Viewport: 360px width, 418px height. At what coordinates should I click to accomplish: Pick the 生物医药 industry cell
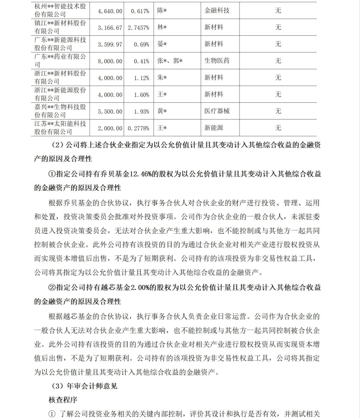pos(217,61)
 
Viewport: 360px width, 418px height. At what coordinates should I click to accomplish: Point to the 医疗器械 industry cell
pos(217,111)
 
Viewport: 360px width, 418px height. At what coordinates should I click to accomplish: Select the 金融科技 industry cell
pos(217,10)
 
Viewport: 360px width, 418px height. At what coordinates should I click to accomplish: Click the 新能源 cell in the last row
pos(214,128)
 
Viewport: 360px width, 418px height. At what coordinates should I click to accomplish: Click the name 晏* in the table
pos(162,44)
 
